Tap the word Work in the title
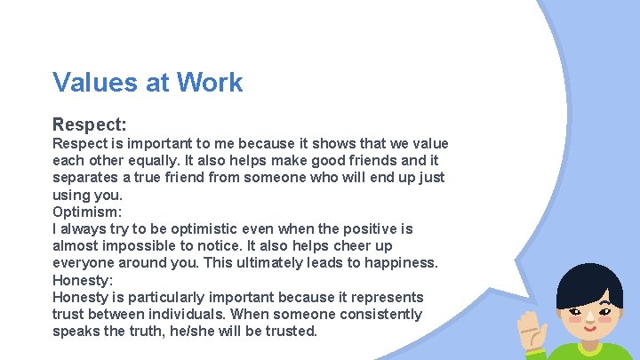coord(209,83)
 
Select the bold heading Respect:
coord(89,124)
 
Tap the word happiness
coord(397,262)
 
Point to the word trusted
coord(290,331)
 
